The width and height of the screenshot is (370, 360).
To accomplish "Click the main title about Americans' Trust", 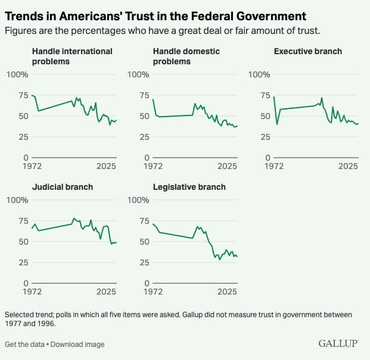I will (156, 15).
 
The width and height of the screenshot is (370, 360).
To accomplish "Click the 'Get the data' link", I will (24, 345).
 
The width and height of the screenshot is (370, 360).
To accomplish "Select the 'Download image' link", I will (78, 345).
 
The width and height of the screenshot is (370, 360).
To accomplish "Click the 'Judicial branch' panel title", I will (62, 187).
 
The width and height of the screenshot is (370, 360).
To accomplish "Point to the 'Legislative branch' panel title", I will (189, 187).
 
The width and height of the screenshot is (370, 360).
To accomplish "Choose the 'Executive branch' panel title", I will (307, 52).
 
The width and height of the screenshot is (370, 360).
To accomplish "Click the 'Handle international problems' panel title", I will (71, 56).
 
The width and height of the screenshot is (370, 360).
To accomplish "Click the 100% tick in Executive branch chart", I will (258, 74).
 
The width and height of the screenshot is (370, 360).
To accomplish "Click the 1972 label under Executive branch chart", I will (274, 167).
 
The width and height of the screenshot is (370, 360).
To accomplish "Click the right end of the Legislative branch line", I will (237, 256).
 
